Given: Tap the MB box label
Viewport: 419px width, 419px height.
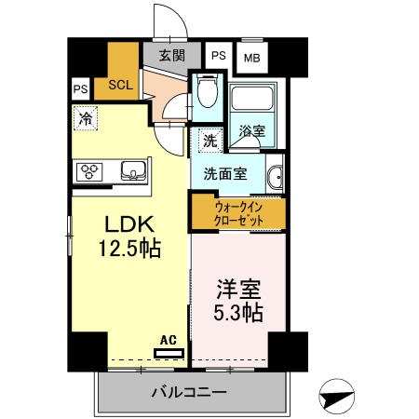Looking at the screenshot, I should coord(251,58).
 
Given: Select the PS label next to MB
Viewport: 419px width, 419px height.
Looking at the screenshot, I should coord(218,55).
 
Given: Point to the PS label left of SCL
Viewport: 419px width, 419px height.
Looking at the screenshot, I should coord(79,88).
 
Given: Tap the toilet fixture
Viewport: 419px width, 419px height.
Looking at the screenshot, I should coord(208,94).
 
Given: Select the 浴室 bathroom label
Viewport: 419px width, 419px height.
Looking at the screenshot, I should coord(251,131).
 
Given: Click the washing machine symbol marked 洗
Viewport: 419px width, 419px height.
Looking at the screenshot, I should coord(210,141).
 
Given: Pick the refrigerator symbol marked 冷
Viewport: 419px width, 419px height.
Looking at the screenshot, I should coord(85,118).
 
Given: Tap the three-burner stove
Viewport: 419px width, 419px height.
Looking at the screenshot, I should coord(93,170).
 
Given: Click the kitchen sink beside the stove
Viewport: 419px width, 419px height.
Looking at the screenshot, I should coord(133,170).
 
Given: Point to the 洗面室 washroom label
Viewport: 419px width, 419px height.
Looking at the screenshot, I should coord(225,173).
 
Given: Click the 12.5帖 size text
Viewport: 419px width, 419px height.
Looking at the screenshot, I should coord(128,249).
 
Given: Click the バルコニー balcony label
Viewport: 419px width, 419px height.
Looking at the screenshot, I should coord(189,393).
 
